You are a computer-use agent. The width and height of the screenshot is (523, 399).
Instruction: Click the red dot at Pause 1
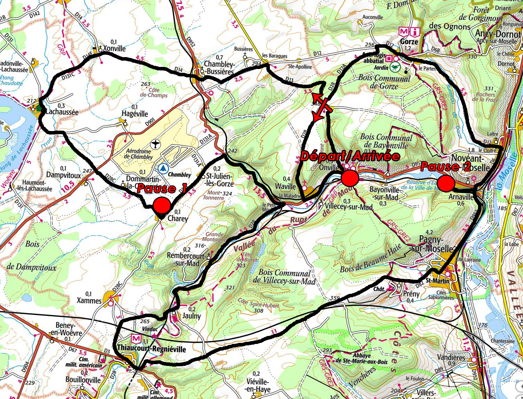point(162,205)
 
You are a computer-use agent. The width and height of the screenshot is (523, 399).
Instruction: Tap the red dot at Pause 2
point(446,183)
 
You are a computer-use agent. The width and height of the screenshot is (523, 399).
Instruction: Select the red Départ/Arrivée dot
point(350,178)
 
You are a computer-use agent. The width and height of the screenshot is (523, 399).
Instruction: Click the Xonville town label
point(114,48)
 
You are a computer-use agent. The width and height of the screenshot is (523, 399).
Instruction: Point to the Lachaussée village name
point(62,112)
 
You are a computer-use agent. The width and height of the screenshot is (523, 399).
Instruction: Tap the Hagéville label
point(135,114)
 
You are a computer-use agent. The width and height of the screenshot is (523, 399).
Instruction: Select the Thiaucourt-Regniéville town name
point(151,349)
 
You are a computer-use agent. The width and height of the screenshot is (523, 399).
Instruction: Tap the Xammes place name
point(89,300)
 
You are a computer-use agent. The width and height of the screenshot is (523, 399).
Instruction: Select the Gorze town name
point(409,41)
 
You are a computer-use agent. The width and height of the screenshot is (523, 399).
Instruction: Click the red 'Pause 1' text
point(162,189)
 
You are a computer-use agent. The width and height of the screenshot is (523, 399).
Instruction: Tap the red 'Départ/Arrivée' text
point(350,156)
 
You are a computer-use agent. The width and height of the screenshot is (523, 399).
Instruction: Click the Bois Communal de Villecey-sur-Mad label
point(284,277)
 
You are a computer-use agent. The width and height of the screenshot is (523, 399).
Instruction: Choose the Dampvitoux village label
point(63,175)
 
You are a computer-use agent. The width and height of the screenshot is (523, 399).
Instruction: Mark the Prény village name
point(411,294)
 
